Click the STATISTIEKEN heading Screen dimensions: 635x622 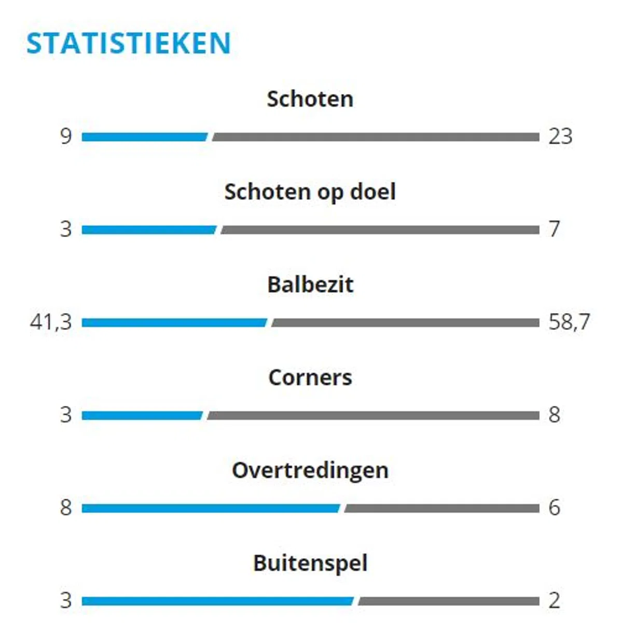pyautogui.click(x=128, y=43)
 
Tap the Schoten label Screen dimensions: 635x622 pyautogui.click(x=310, y=99)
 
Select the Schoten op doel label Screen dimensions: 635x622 pyautogui.click(x=310, y=192)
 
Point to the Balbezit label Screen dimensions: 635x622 pyautogui.click(x=310, y=285)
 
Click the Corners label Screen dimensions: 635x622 pyautogui.click(x=310, y=377)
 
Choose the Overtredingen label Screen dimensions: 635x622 pyautogui.click(x=310, y=470)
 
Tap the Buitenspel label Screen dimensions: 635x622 pyautogui.click(x=310, y=563)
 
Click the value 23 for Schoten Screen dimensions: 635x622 pyautogui.click(x=560, y=137)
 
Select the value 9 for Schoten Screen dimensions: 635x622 pyautogui.click(x=65, y=137)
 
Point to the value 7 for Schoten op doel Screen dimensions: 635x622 pyautogui.click(x=555, y=229)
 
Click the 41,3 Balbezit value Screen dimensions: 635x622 pyautogui.click(x=51, y=322)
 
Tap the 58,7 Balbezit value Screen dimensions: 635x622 pyautogui.click(x=569, y=322)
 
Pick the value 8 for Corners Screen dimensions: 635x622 pyautogui.click(x=555, y=415)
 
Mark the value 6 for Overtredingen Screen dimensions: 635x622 pyautogui.click(x=555, y=507)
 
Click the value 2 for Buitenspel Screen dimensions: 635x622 pyautogui.click(x=555, y=601)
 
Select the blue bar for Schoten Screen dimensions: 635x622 pyautogui.click(x=144, y=137)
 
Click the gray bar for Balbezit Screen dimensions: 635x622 pyautogui.click(x=405, y=323)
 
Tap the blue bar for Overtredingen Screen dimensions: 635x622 pyautogui.click(x=210, y=508)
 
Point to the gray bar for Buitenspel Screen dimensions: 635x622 pyautogui.click(x=449, y=601)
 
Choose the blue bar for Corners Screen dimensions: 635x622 pyautogui.click(x=142, y=416)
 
